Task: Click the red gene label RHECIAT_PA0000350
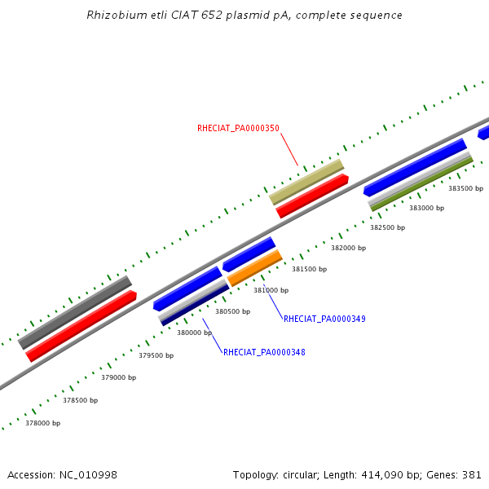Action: click(x=238, y=128)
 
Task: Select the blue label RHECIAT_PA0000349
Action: click(x=324, y=319)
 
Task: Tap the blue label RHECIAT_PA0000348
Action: click(x=264, y=352)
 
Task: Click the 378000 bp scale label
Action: click(x=42, y=423)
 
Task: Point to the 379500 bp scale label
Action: click(x=156, y=355)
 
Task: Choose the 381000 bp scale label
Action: click(x=271, y=290)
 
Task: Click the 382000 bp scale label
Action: click(x=348, y=248)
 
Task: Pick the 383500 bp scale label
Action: click(x=465, y=188)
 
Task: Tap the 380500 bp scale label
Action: click(x=232, y=311)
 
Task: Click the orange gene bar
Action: click(x=254, y=268)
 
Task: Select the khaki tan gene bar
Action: click(x=306, y=182)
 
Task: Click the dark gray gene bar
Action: click(x=75, y=312)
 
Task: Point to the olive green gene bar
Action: click(x=421, y=184)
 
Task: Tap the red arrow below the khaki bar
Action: click(x=312, y=196)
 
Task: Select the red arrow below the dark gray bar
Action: click(x=81, y=326)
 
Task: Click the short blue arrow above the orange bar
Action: click(x=249, y=253)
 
